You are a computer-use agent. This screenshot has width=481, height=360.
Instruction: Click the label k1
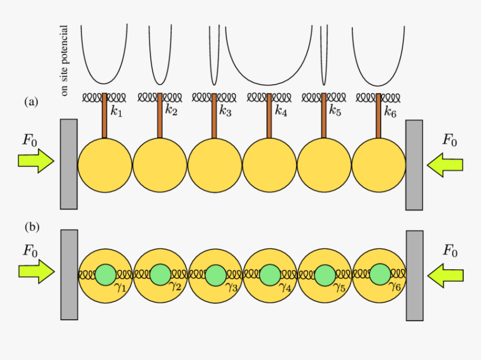(116, 111)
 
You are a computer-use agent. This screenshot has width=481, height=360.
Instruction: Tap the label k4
(281, 111)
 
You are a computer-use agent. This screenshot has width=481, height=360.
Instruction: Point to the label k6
(390, 111)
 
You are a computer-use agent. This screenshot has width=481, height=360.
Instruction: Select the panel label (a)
(31, 101)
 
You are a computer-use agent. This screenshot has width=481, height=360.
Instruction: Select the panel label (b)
(31, 227)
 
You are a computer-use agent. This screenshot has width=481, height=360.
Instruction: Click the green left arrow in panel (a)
(445, 163)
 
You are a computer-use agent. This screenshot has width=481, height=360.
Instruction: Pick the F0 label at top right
(449, 139)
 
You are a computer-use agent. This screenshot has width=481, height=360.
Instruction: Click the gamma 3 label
(232, 288)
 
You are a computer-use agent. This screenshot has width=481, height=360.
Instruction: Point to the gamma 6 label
(396, 288)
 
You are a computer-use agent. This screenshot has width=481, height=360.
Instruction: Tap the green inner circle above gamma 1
(105, 275)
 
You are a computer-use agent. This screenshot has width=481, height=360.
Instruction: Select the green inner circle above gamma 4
(269, 275)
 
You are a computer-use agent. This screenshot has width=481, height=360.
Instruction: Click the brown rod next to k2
(159, 115)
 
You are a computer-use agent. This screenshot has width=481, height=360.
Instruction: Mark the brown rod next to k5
(324, 115)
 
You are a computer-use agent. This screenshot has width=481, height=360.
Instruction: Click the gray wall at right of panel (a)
(414, 165)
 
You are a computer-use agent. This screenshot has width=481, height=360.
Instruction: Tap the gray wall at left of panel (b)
(69, 274)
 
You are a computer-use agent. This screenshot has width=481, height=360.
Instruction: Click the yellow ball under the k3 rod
(215, 166)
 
